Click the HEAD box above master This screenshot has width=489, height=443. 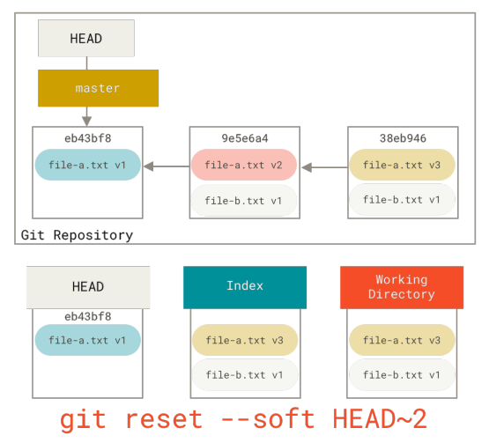pos(86,39)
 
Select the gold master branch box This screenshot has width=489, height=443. pos(98,88)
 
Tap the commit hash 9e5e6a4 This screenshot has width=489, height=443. pos(245,138)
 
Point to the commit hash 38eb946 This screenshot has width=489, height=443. pos(403,138)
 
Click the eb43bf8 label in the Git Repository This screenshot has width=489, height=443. pos(87,138)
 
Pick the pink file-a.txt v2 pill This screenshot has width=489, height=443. pos(244,165)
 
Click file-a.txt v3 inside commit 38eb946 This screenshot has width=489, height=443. pos(402,165)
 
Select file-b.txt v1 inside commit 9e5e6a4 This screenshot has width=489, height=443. pos(244,201)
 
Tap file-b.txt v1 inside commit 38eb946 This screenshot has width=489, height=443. pos(402,200)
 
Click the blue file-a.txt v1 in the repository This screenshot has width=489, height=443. pos(87,165)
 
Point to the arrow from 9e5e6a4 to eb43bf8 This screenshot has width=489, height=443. pos(167,166)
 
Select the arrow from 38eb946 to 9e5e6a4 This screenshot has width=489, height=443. pos(324,167)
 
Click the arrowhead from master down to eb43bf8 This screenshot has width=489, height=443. pos(86,121)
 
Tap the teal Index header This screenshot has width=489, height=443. pos(245,287)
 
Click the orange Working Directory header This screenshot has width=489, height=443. pos(402,287)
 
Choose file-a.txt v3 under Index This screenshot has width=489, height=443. pos(245,340)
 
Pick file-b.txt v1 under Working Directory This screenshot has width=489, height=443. pos(402,374)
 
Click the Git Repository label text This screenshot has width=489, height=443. pos(77,235)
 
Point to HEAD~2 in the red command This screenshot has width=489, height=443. pos(380,419)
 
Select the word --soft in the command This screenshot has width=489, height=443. pos(268,419)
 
